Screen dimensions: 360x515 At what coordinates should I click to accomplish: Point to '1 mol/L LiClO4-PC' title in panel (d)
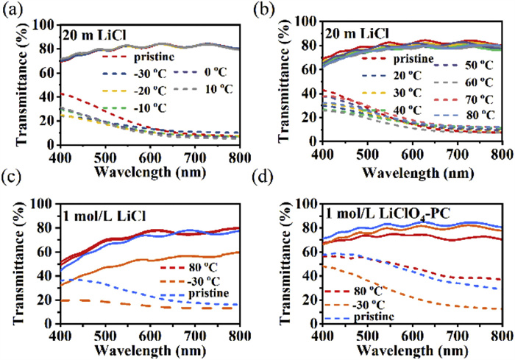(381, 213)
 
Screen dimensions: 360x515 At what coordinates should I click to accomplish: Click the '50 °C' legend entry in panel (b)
(467, 63)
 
